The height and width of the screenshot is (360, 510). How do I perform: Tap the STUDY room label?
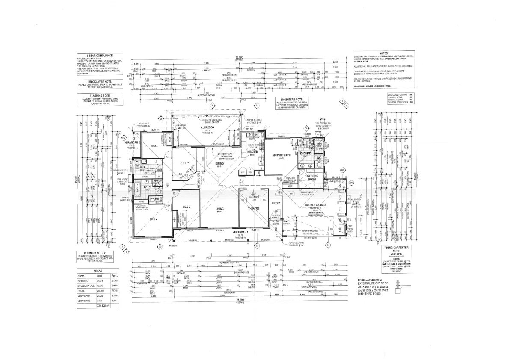pos(185,162)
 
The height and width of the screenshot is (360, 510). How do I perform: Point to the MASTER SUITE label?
pos(282,155)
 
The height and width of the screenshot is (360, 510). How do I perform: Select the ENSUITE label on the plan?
pos(305,153)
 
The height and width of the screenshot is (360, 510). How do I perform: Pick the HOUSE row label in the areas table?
pos(81,290)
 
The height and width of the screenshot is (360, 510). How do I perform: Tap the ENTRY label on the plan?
pos(276,203)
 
